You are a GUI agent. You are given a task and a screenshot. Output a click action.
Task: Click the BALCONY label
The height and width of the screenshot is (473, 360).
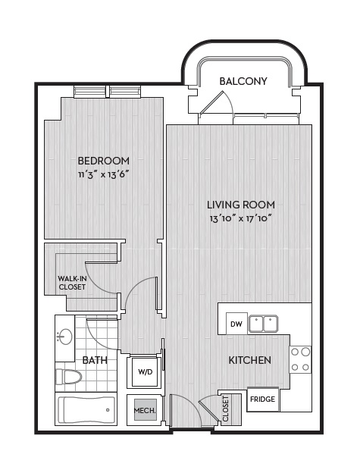click(x=243, y=81)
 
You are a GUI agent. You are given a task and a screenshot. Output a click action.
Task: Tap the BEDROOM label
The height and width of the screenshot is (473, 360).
click(x=104, y=161)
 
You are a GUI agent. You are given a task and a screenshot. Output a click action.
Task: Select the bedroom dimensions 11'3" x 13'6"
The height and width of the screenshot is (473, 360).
click(x=104, y=174)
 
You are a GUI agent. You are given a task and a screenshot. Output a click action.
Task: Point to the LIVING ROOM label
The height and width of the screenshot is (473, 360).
click(x=240, y=205)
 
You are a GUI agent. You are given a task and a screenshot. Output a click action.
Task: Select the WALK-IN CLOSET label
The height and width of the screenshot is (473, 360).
click(x=72, y=283)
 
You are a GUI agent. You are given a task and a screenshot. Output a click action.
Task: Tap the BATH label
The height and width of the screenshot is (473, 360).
click(x=95, y=360)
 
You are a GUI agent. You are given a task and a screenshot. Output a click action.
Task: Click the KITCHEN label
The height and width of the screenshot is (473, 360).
click(x=249, y=360)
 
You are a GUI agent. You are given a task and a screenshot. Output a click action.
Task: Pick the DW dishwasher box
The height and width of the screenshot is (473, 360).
click(x=236, y=324)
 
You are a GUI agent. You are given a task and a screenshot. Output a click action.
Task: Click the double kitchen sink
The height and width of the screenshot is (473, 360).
click(x=263, y=324)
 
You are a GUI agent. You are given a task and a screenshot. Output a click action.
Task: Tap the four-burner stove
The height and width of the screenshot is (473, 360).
click(x=301, y=359)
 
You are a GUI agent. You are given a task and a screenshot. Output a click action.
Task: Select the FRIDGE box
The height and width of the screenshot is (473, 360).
click(x=263, y=399)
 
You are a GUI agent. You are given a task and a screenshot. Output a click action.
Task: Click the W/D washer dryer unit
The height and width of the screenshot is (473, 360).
click(x=146, y=372)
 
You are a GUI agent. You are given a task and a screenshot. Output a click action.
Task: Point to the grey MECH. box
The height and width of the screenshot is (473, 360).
click(x=145, y=410)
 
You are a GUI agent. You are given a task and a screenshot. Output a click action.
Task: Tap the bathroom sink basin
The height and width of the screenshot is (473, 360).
click(x=65, y=337)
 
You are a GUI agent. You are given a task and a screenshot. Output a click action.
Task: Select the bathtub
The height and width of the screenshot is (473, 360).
click(x=86, y=409)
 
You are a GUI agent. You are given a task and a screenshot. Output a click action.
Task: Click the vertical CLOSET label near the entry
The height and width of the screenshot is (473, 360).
click(x=226, y=409)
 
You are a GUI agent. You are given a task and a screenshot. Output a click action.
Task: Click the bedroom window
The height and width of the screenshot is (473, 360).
click(x=108, y=92)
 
